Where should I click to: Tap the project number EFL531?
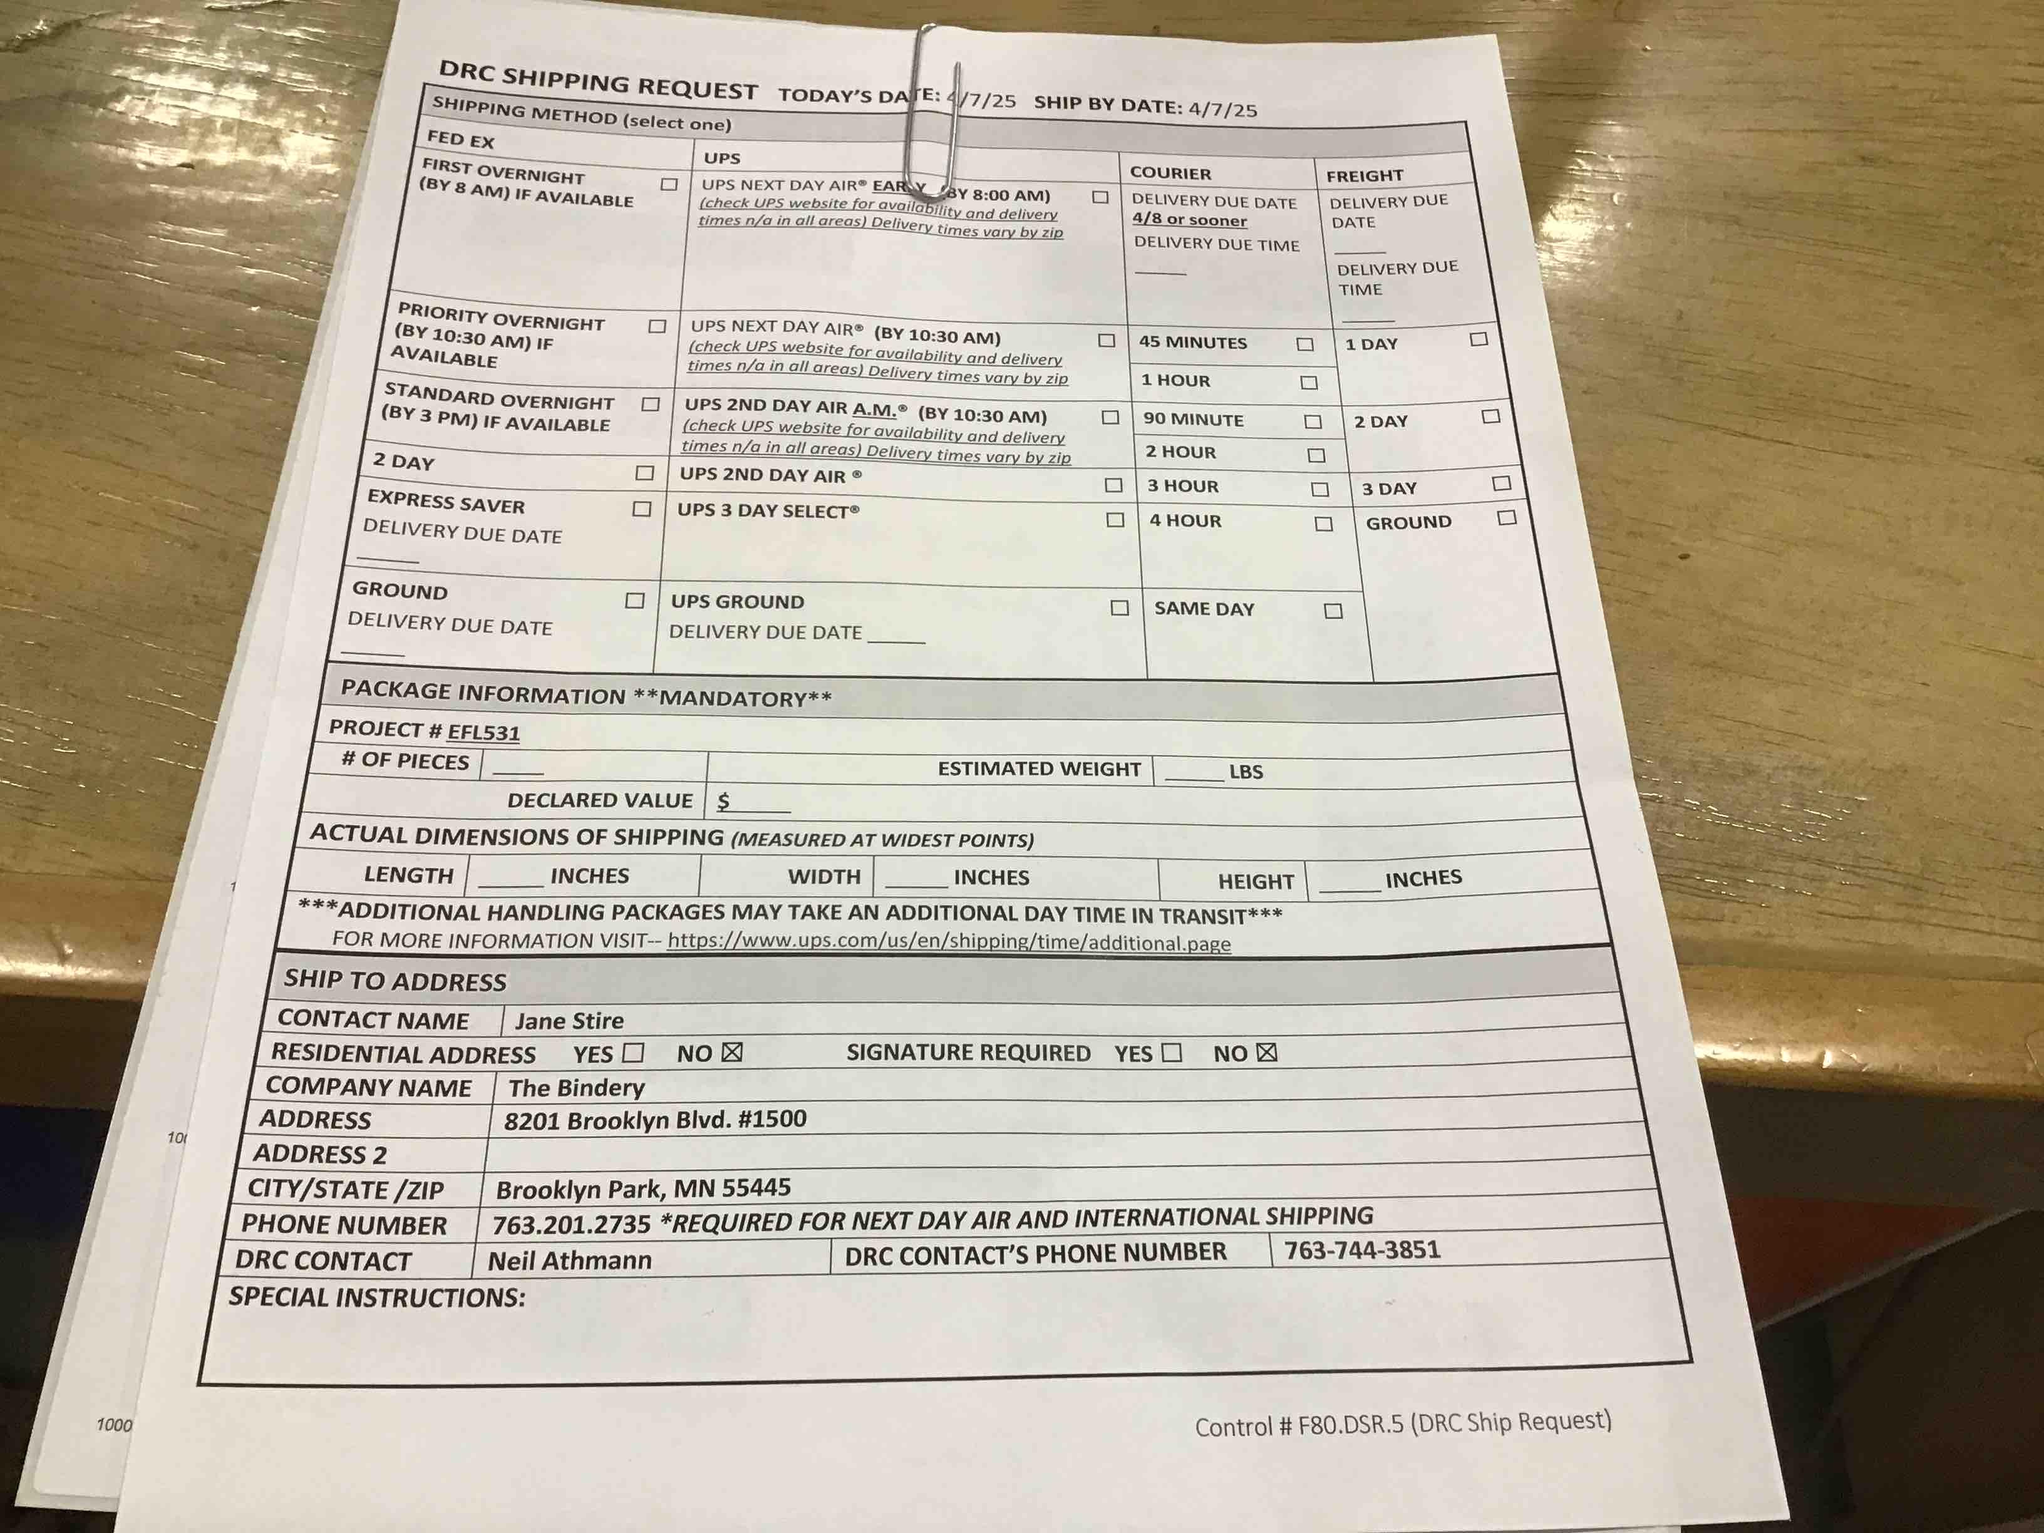tap(483, 733)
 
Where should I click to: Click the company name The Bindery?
tap(577, 1088)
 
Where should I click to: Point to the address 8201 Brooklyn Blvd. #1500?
tap(655, 1120)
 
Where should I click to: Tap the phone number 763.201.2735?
tap(571, 1224)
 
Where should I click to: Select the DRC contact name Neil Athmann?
tap(569, 1261)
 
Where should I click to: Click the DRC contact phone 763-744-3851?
tap(1362, 1250)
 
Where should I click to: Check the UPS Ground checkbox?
tap(1120, 608)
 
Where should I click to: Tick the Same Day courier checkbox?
tap(1333, 611)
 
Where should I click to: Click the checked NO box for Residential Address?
tap(732, 1053)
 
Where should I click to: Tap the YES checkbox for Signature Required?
tap(1172, 1053)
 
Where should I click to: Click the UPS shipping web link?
tap(949, 942)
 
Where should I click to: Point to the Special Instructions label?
tap(377, 1298)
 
